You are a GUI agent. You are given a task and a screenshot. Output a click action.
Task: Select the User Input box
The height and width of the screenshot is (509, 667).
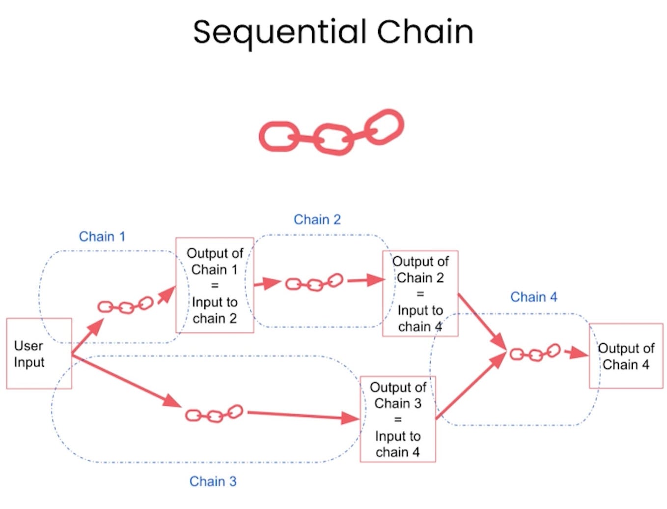point(39,354)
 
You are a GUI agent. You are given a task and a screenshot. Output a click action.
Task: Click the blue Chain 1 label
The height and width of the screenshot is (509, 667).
point(102,237)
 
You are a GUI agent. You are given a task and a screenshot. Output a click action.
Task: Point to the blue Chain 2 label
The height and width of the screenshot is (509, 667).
point(317,219)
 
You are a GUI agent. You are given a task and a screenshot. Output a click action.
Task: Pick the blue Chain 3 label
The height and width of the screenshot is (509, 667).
point(213,481)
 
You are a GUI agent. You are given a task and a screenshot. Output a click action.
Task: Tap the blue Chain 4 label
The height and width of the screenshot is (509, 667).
point(533,297)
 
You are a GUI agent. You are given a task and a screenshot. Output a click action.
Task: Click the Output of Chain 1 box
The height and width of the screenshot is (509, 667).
point(215,285)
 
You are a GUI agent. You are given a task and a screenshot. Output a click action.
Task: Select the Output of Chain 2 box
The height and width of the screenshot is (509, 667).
point(420,294)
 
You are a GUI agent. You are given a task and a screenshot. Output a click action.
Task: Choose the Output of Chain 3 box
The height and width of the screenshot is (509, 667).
point(397,419)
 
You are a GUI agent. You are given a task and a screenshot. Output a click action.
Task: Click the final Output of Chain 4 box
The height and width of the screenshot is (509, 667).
point(626,356)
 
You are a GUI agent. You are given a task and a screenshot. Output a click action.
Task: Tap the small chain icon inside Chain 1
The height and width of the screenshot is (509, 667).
point(125,306)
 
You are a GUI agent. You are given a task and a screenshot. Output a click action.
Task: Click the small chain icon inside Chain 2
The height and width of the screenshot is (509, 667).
point(314,283)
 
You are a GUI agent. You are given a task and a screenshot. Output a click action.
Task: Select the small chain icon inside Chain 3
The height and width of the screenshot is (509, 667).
point(214,414)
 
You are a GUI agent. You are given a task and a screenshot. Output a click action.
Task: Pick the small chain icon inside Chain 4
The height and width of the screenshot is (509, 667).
point(534,353)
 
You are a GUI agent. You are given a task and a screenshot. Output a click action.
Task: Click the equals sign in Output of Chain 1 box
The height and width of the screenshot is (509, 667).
point(215,286)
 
